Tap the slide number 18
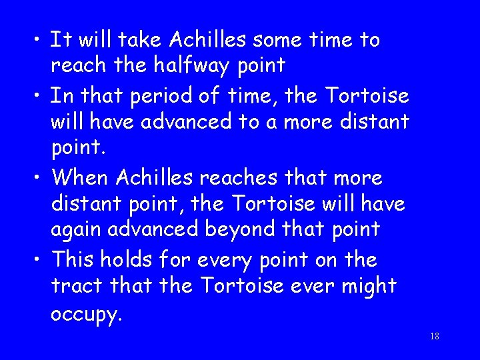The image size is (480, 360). (435, 337)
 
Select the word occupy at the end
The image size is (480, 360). (86, 314)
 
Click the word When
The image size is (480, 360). (81, 178)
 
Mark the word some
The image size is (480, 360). (263, 40)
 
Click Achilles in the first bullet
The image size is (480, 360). (199, 40)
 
